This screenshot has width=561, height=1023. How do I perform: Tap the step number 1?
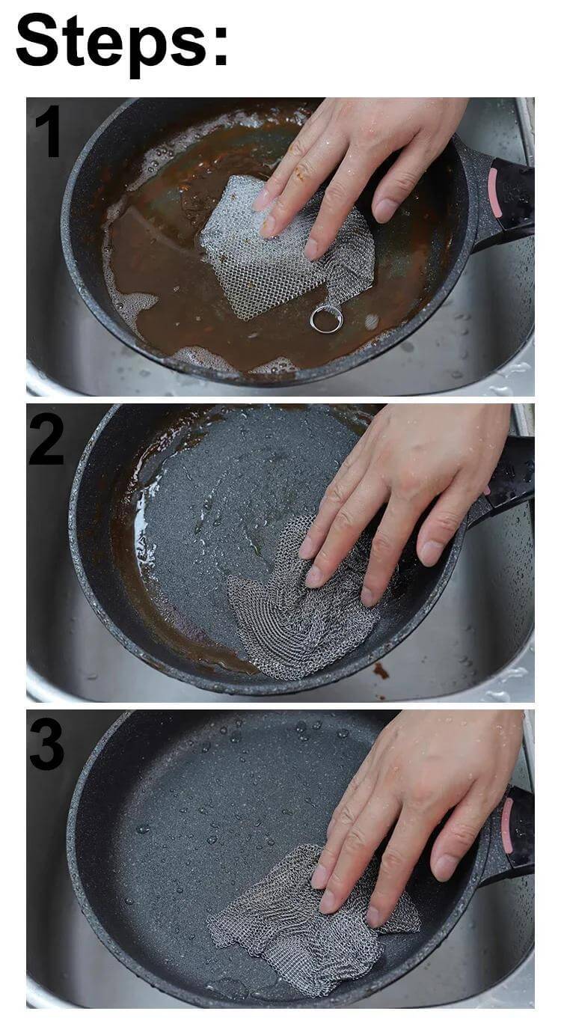tap(48, 132)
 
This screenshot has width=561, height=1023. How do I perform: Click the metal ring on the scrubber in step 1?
tap(326, 319)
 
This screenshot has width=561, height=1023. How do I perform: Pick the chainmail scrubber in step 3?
tap(299, 920)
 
